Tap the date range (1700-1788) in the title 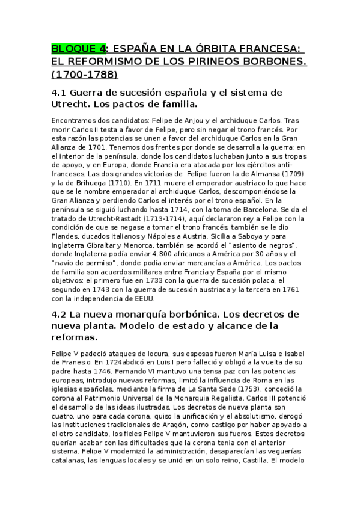pos(85,75)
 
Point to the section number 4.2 pos(59,315)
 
